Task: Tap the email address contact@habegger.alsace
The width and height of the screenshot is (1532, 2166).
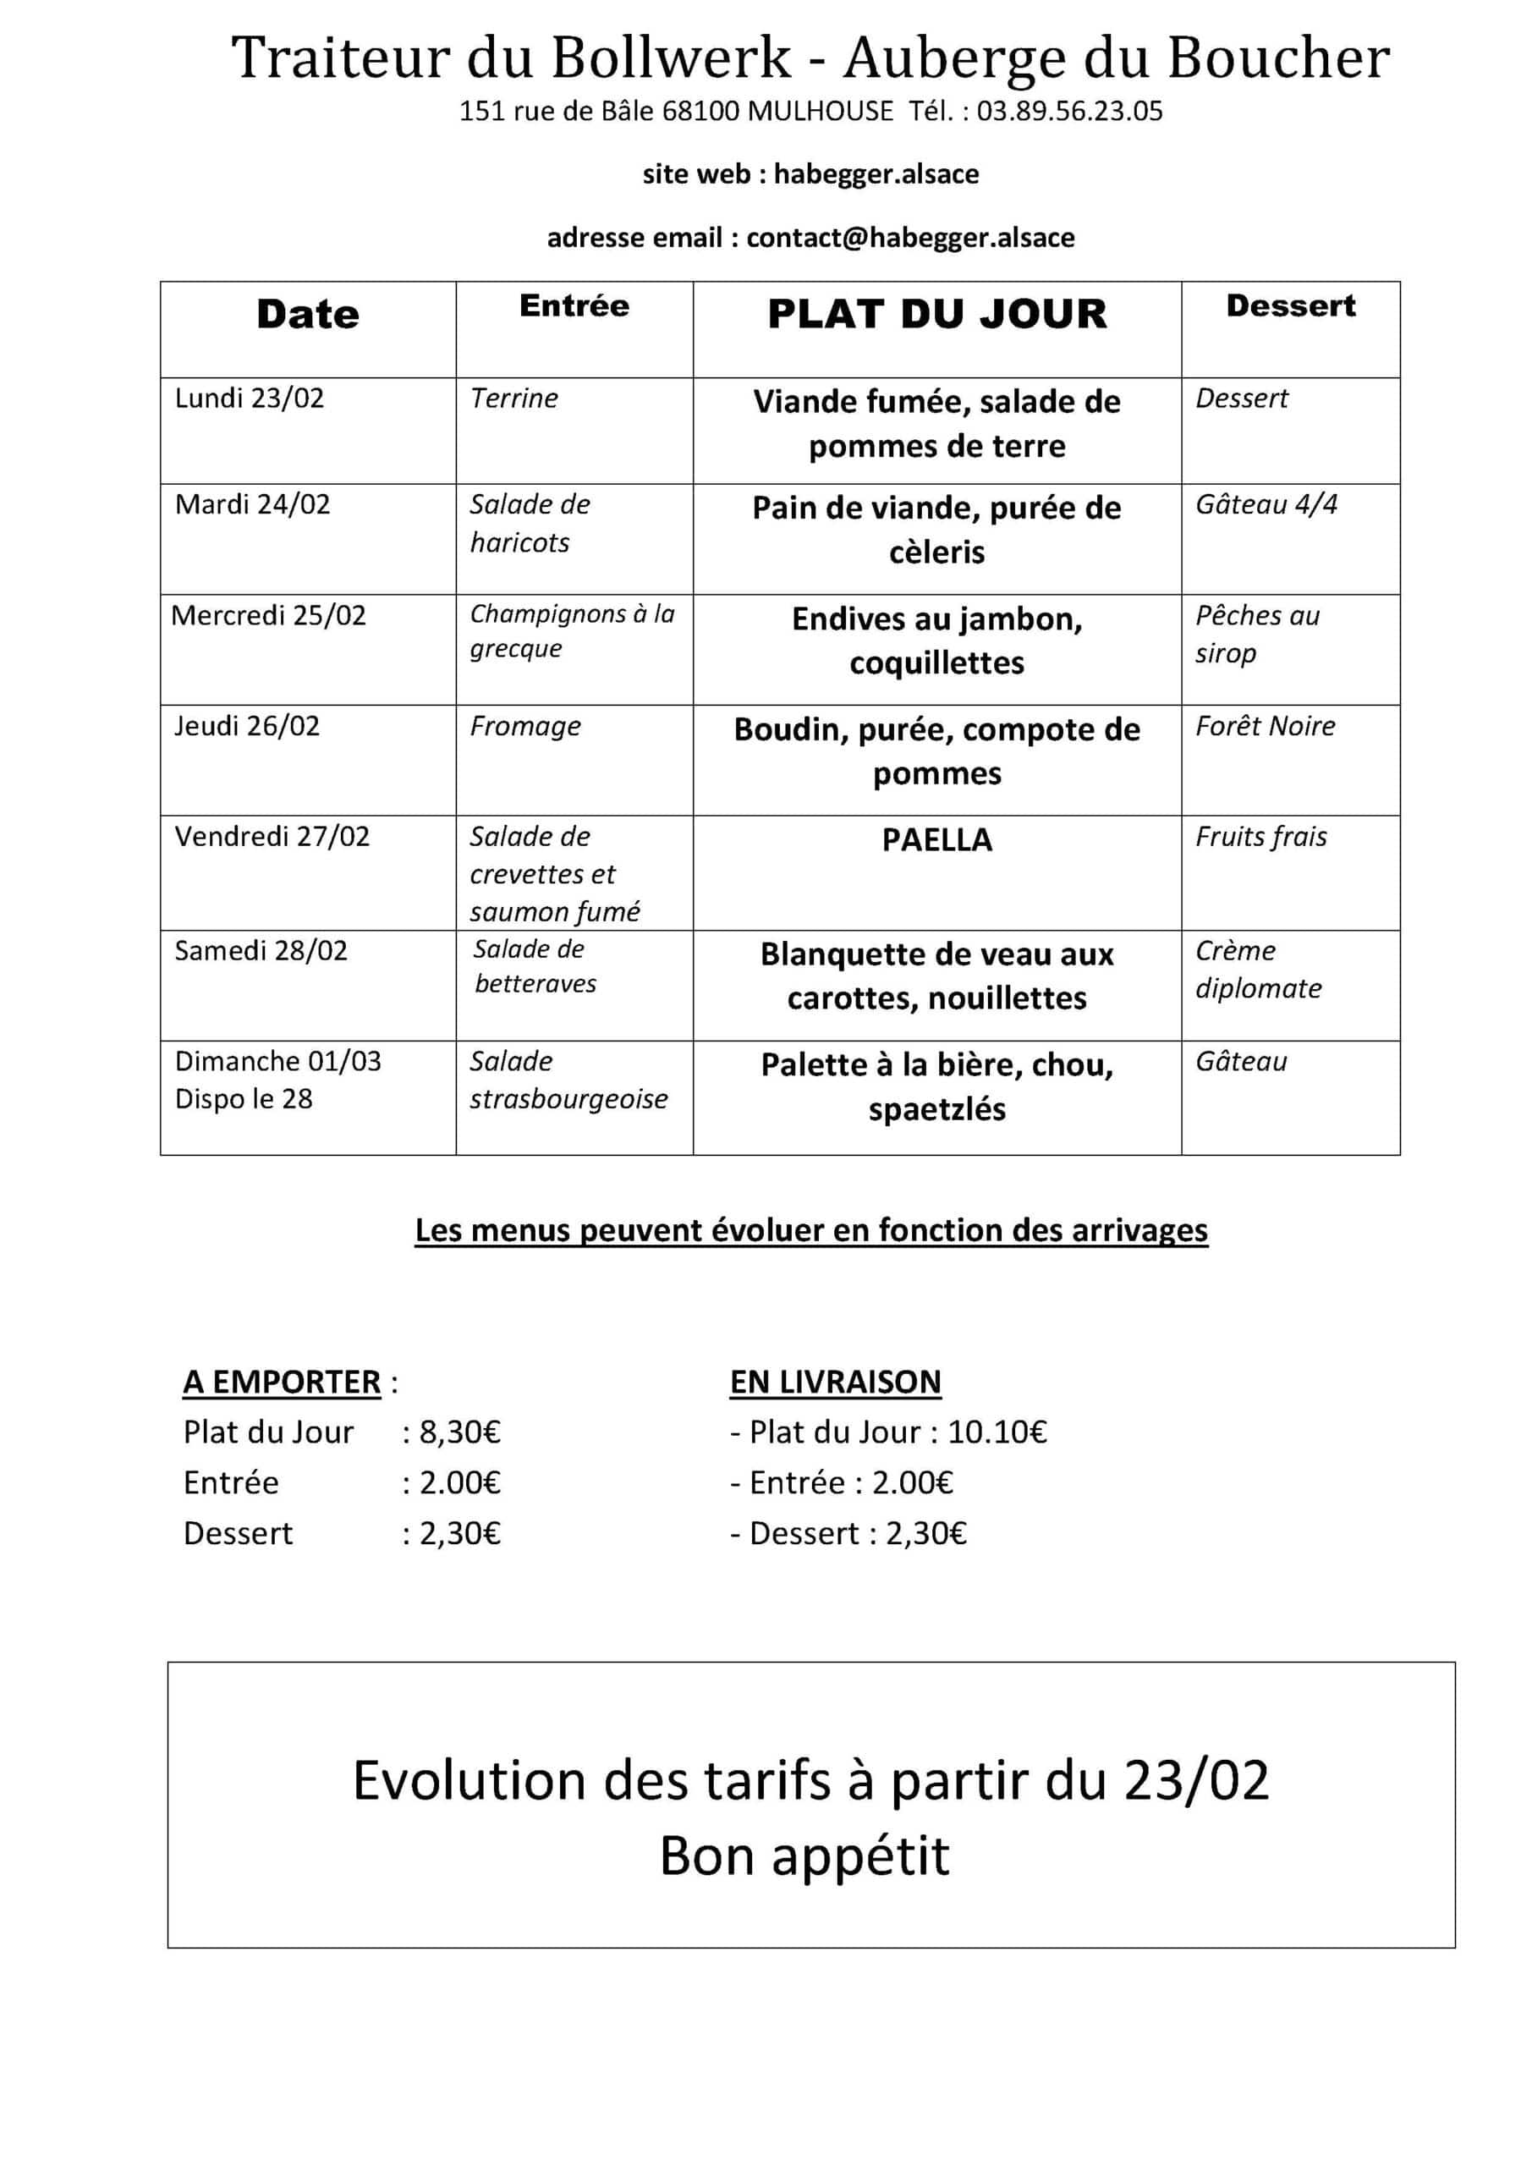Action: point(909,237)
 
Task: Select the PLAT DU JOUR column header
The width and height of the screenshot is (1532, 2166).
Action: point(936,314)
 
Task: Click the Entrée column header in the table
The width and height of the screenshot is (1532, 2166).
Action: point(574,305)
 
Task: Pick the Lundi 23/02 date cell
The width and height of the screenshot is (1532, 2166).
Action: point(249,399)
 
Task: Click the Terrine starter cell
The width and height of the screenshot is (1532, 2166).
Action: point(514,399)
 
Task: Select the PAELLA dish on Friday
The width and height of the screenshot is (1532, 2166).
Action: point(936,839)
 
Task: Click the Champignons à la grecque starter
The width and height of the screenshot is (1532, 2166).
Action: point(572,630)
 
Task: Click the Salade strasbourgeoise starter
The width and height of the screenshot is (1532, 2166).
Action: point(568,1080)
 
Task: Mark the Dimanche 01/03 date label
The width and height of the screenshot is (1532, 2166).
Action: point(277,1060)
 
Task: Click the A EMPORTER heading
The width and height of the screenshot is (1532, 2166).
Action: point(281,1382)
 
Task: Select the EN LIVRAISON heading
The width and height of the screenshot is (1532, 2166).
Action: point(835,1382)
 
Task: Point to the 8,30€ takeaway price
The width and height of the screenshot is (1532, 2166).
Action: point(459,1432)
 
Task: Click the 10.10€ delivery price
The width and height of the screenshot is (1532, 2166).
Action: point(997,1432)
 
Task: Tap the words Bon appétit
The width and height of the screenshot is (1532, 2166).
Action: point(804,1855)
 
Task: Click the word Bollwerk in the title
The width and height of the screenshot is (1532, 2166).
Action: point(671,58)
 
